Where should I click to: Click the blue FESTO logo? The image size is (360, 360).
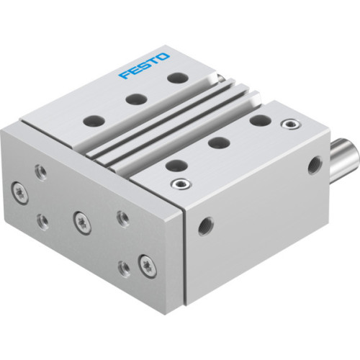coord(144,63)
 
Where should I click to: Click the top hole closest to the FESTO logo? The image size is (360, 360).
coord(174,77)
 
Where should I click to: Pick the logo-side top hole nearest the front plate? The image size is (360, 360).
coord(89,120)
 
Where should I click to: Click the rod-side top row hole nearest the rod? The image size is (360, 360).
coord(260,120)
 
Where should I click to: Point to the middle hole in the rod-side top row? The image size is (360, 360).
coord(217,142)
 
